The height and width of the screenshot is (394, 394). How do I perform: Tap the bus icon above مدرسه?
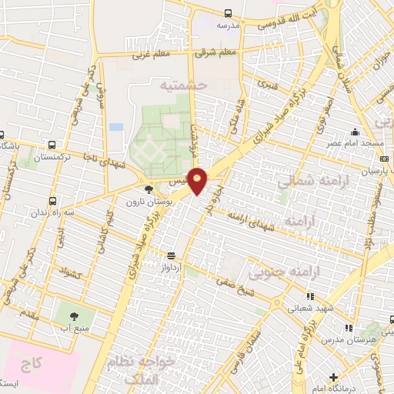coord(228,12)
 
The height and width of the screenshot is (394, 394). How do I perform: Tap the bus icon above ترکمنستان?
coord(52,144)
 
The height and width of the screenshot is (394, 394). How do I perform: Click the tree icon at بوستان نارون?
coord(149,190)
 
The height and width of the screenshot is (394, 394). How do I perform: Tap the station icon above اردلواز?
coord(170,255)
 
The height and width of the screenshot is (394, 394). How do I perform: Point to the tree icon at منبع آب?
coord(74,316)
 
